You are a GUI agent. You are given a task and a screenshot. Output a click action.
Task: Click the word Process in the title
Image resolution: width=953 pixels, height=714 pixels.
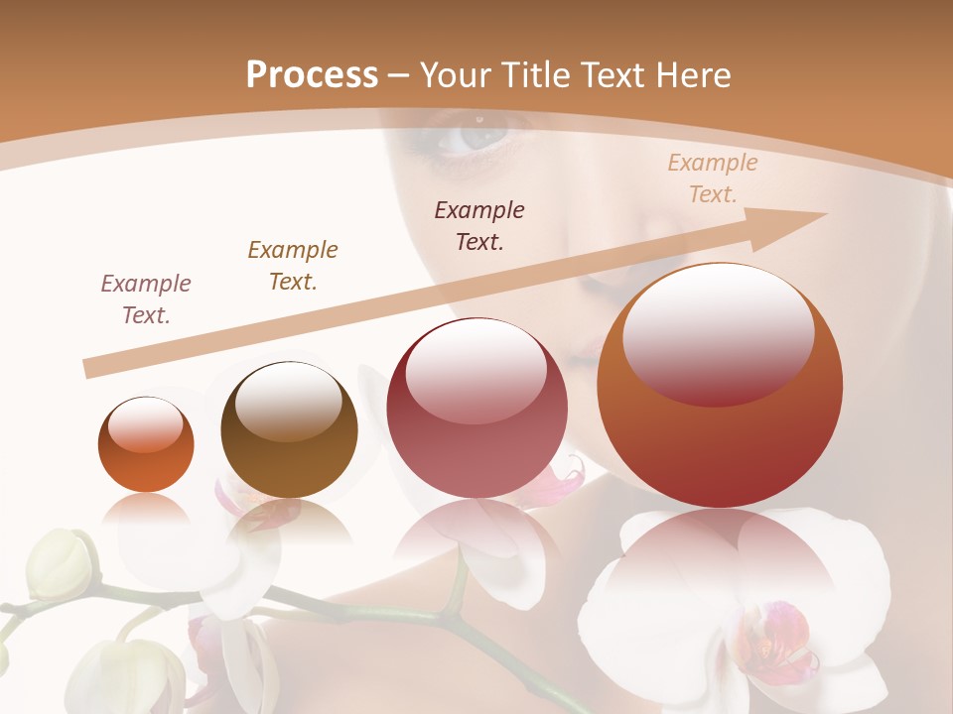point(312,74)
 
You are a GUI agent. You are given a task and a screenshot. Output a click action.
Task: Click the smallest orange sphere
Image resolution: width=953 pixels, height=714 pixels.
point(146,444)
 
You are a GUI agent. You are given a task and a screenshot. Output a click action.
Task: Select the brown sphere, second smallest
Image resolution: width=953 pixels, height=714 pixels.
point(289,430)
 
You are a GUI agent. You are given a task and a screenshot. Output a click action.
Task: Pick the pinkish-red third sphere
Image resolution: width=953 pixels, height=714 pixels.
point(477,408)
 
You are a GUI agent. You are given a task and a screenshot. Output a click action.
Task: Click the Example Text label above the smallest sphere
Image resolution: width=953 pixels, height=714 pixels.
point(146,299)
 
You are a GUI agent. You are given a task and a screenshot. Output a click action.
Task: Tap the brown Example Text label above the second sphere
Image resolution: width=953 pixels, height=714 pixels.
point(293,266)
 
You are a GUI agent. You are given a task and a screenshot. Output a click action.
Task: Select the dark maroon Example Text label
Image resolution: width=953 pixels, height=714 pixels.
point(479,225)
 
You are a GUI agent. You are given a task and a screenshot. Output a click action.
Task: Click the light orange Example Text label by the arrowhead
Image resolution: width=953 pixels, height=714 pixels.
point(712,178)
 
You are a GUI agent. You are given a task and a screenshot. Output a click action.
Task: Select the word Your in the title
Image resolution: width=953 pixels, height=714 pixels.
point(451,74)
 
